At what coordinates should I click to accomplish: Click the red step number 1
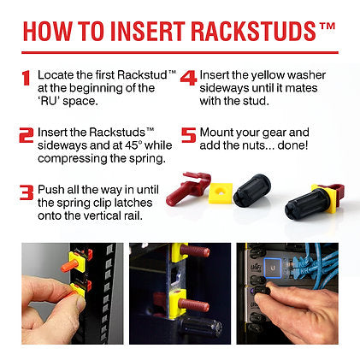(26, 78)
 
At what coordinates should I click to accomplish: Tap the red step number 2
(27, 135)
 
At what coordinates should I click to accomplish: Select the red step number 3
(27, 192)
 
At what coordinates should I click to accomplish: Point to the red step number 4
(189, 78)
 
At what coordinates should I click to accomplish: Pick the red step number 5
(189, 135)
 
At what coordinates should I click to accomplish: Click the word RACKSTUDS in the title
(254, 31)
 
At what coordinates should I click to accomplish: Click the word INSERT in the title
(148, 31)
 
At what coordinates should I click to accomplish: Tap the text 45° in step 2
(133, 145)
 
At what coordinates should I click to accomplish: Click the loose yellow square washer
(221, 193)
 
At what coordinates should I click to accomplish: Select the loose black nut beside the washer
(252, 189)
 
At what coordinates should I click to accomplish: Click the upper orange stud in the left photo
(70, 268)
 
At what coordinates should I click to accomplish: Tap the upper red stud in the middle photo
(195, 251)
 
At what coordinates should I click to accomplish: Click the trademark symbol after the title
(328, 27)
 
